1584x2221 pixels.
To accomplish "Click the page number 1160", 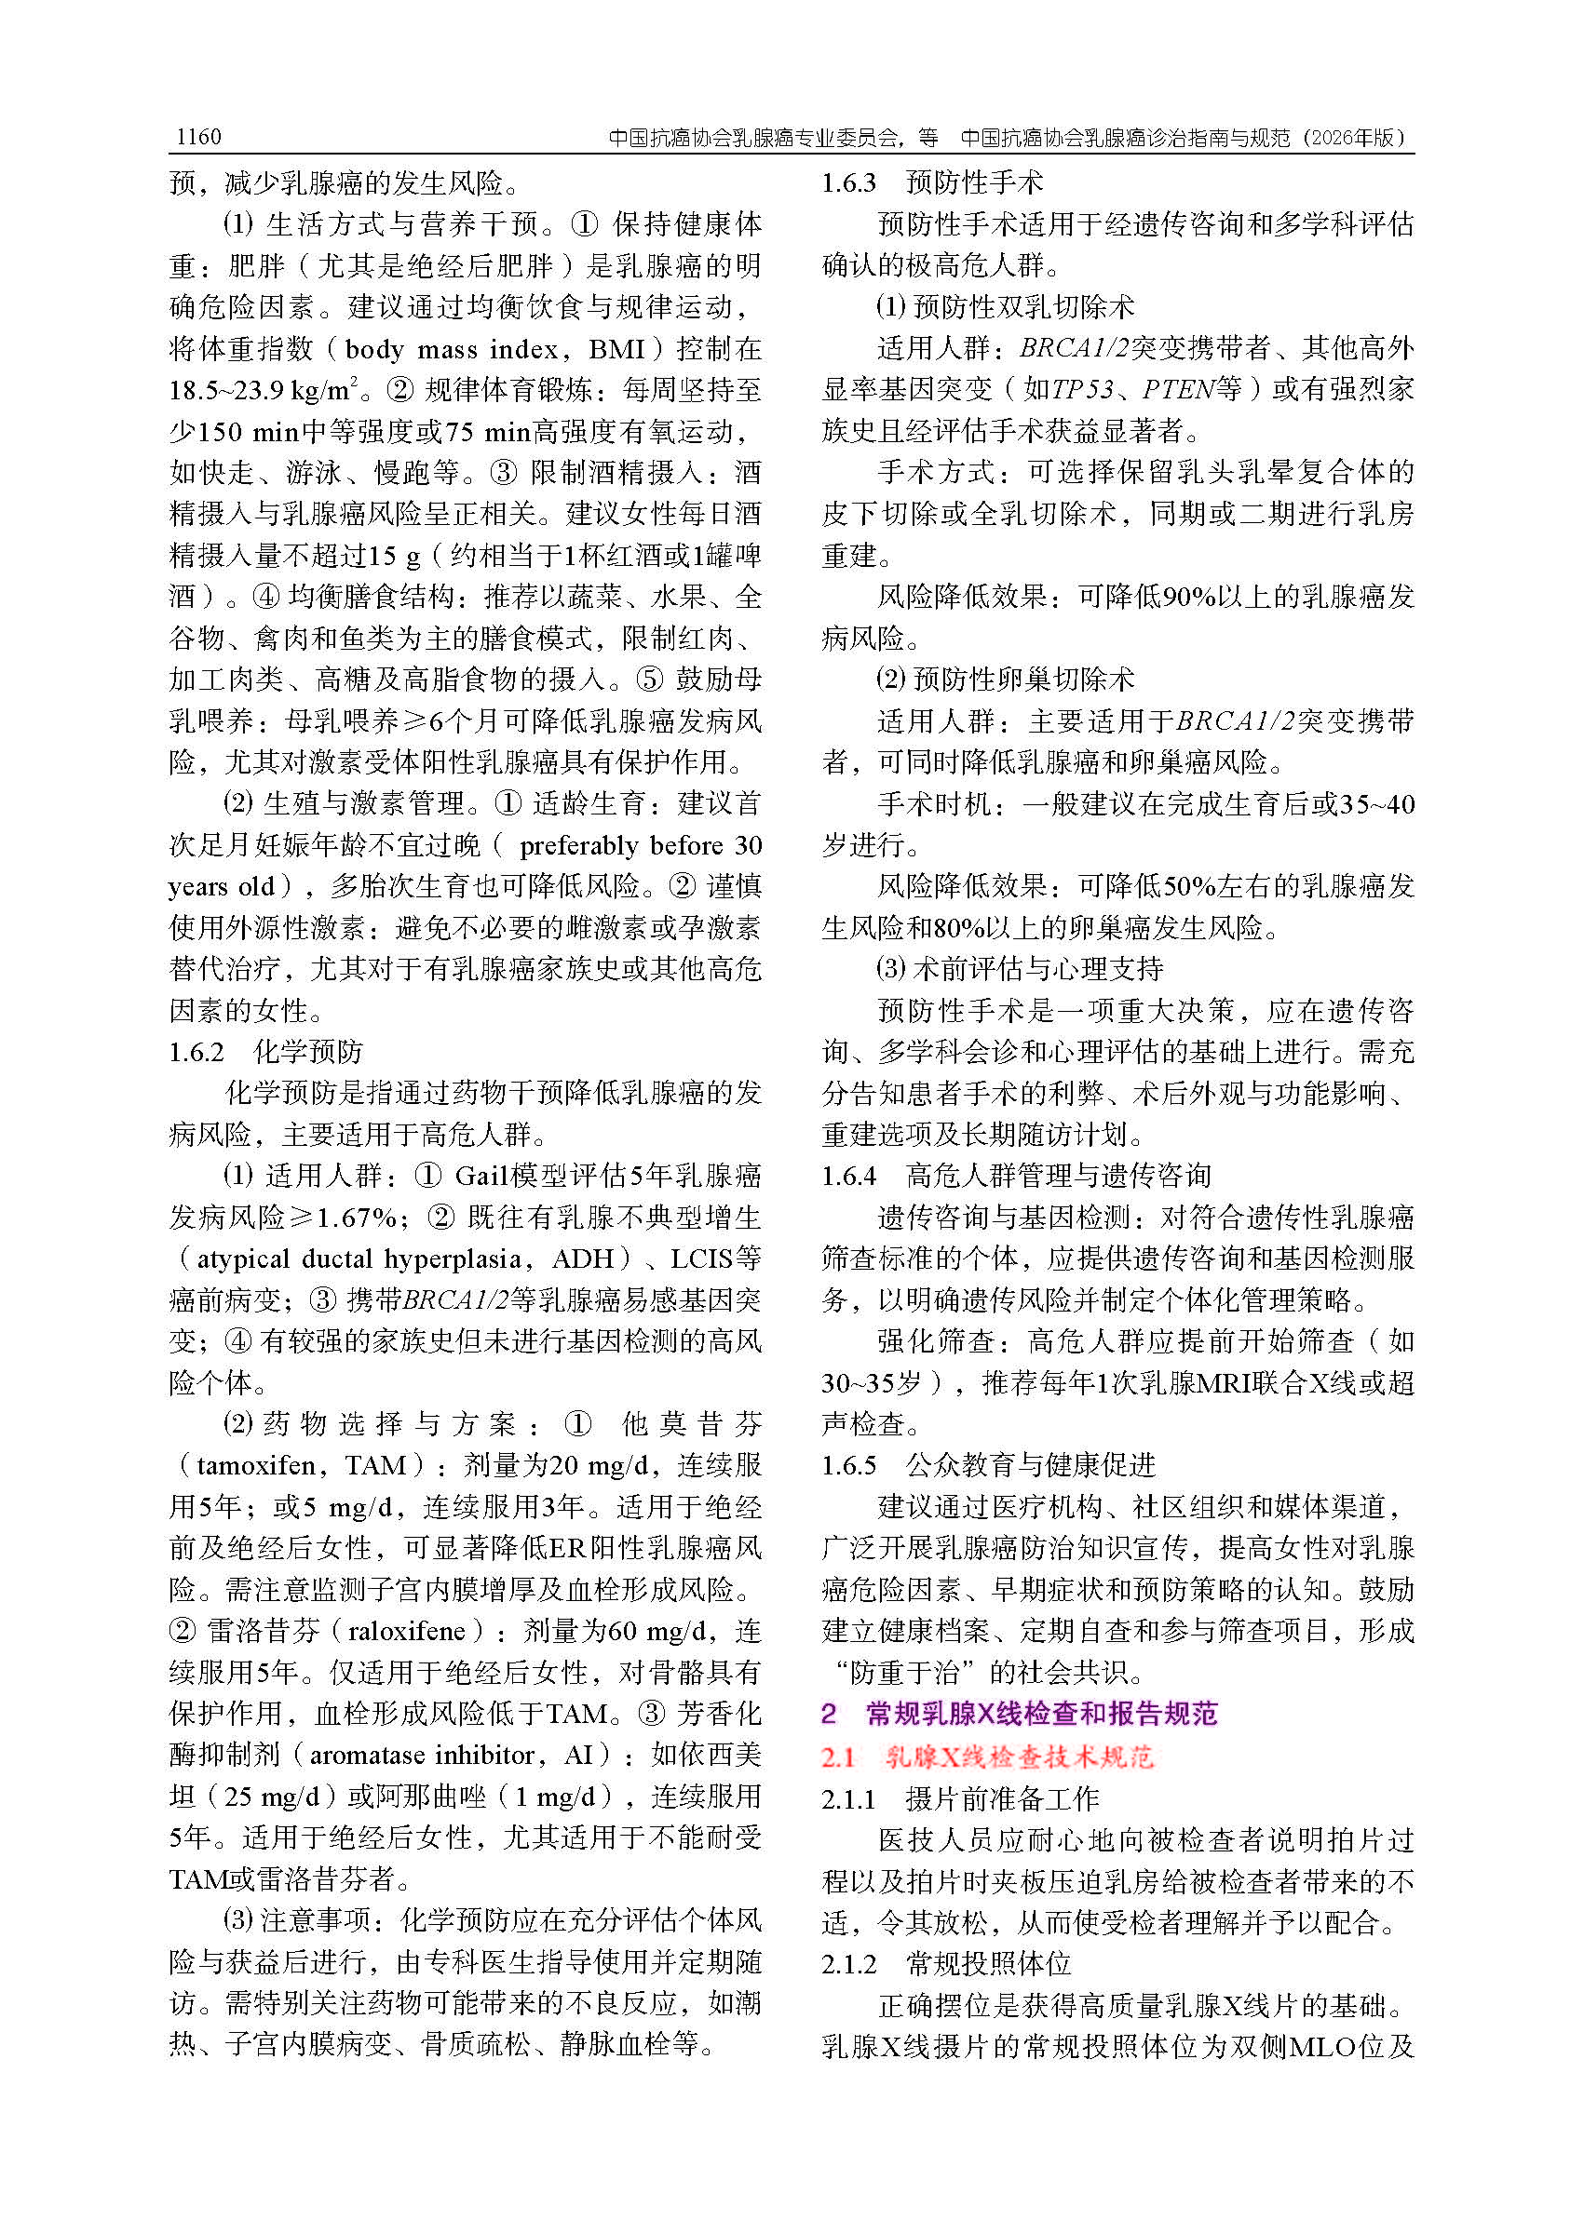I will tap(198, 137).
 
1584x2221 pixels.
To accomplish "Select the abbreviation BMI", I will tap(617, 349).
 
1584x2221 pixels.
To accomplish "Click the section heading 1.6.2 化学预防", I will tap(265, 1051).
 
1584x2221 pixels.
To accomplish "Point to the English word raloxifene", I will tap(407, 1630).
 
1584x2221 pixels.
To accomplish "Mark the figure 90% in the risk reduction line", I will tap(1189, 596).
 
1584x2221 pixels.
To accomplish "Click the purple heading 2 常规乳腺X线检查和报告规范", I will tap(1020, 1713).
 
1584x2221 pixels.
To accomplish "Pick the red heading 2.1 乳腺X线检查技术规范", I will tap(987, 1756).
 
